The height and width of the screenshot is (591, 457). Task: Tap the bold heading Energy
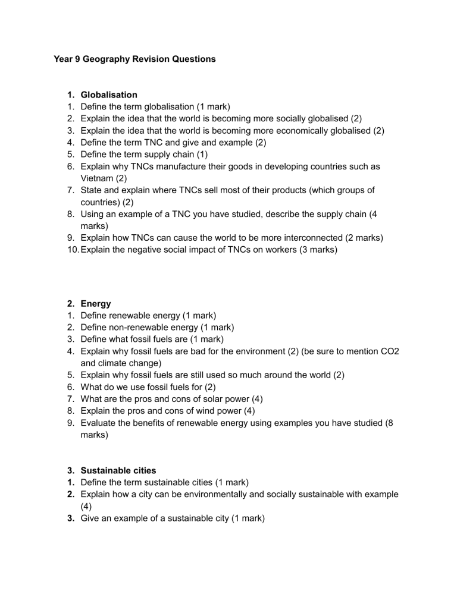coord(96,303)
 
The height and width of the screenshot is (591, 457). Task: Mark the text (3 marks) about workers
coord(314,250)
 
